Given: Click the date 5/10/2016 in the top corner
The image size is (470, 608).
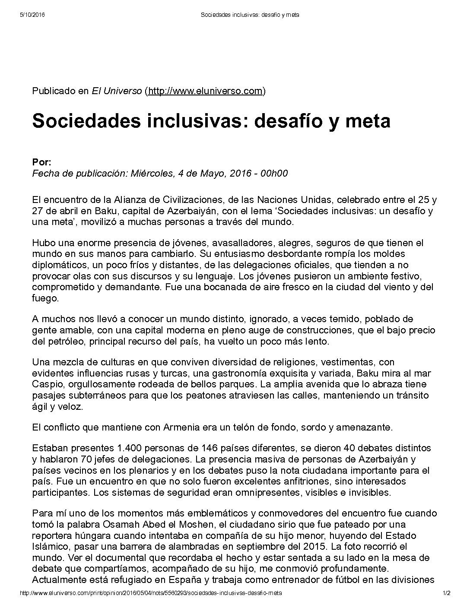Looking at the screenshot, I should click(x=32, y=15).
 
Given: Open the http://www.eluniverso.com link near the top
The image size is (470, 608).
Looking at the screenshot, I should click(x=205, y=91).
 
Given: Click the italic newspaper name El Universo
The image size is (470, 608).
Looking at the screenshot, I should click(x=116, y=91).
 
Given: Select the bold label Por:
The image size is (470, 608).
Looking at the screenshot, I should click(x=41, y=162).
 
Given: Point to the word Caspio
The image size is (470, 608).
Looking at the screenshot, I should click(x=45, y=384).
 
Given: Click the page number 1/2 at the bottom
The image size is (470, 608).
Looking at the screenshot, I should click(x=446, y=593).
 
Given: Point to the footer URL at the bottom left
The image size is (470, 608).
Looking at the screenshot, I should click(x=151, y=593).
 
